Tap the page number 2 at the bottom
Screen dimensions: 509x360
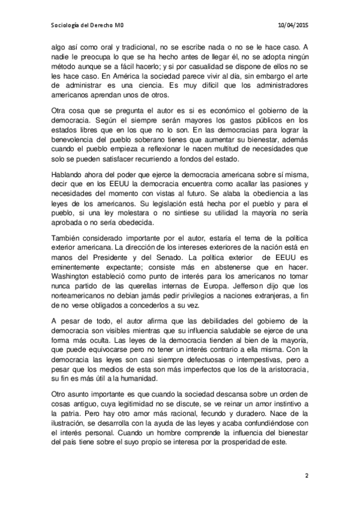coord(306,476)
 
